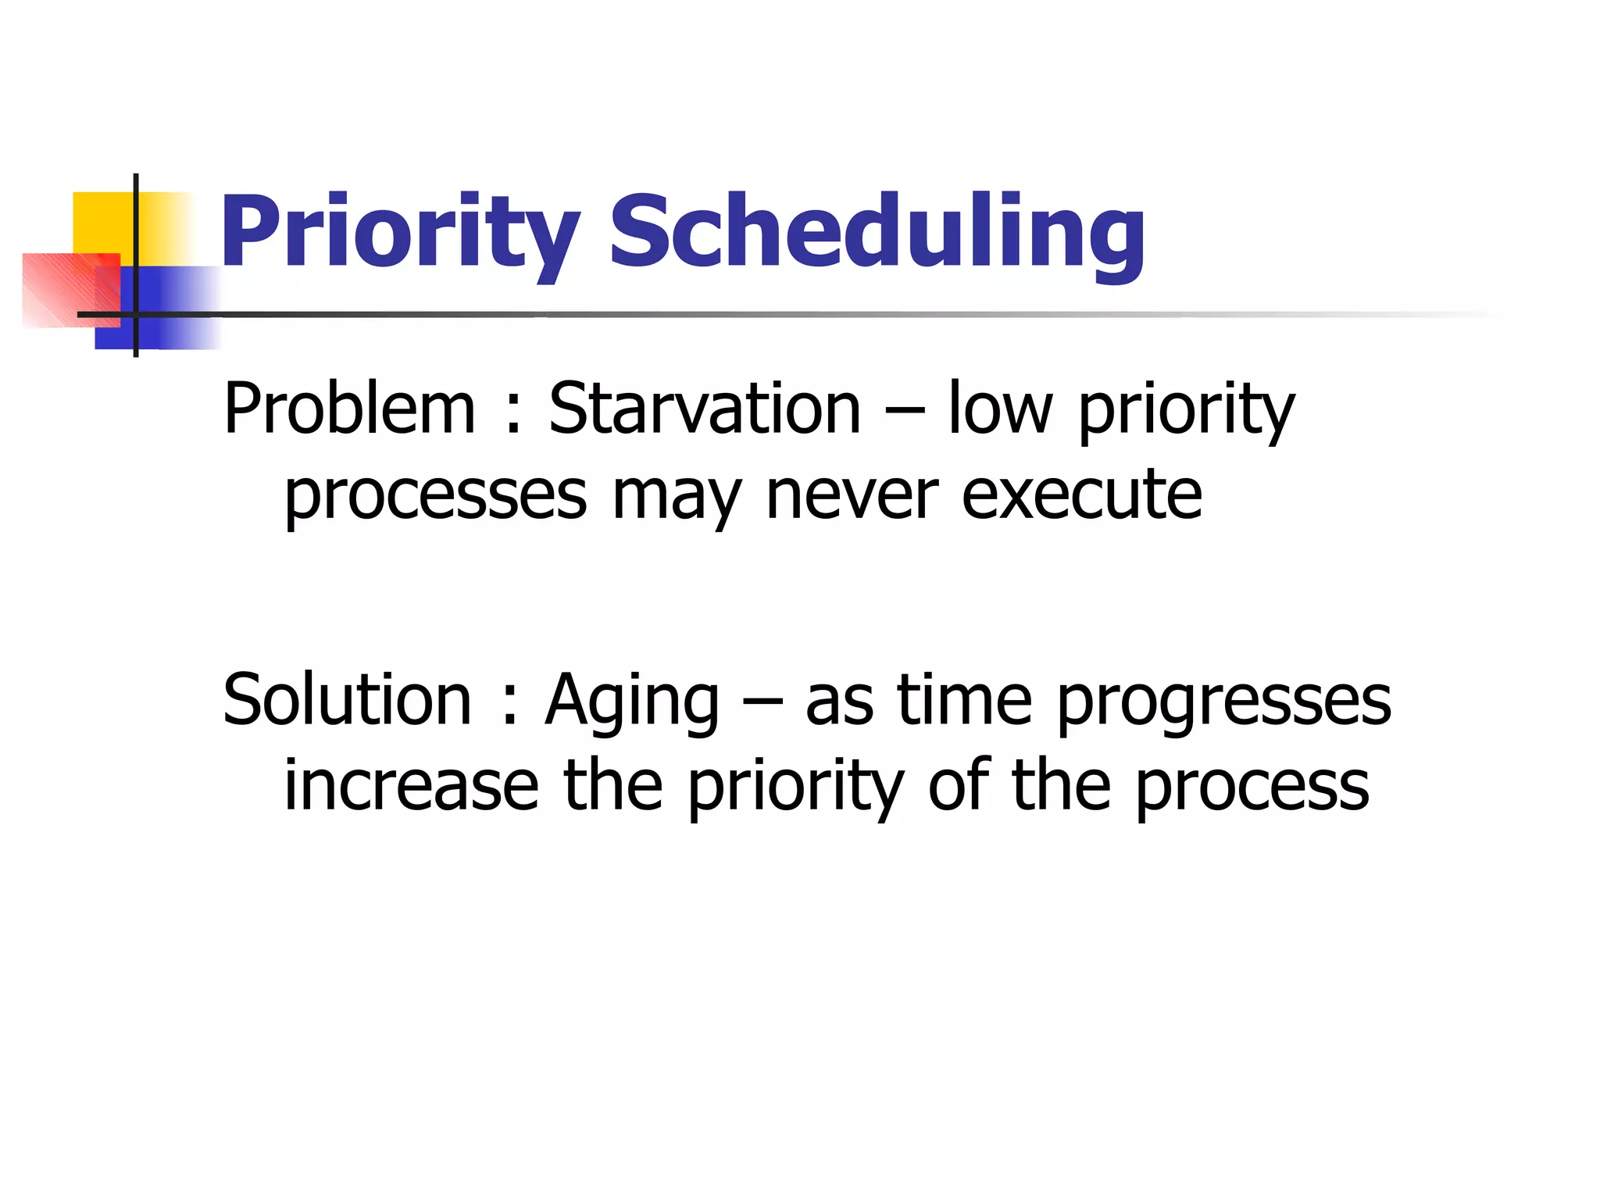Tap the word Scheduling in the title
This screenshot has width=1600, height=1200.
pos(877,233)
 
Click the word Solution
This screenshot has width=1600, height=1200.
pos(348,700)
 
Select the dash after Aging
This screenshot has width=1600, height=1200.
pos(762,702)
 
